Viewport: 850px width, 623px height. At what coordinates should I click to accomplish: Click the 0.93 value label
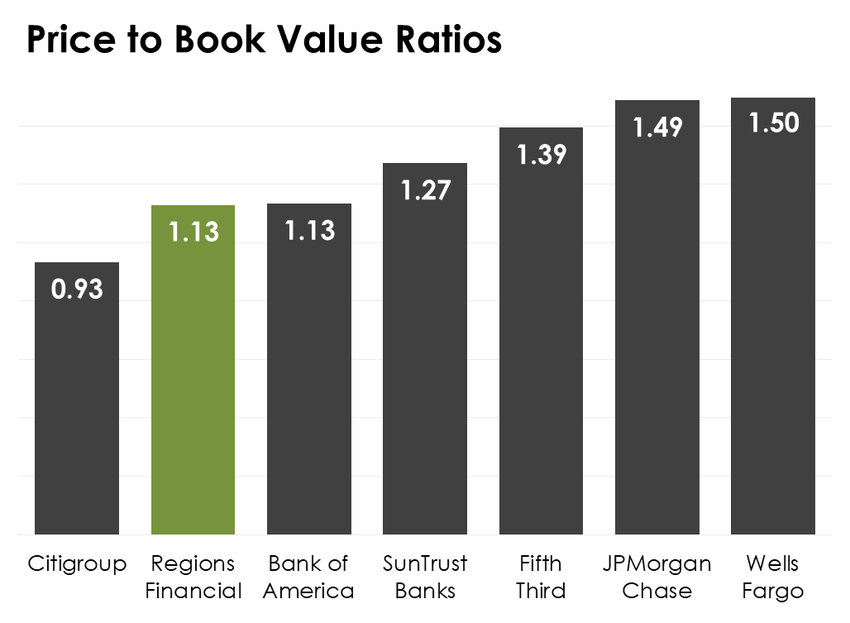pos(77,290)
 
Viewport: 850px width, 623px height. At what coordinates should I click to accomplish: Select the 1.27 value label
pos(425,190)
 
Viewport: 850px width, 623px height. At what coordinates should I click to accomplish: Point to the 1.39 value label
pos(542,155)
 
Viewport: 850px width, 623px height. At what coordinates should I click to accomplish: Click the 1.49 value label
pos(657,127)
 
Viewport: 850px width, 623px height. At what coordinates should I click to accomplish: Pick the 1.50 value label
pos(773,123)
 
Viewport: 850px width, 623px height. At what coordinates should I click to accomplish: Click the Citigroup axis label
pos(77,565)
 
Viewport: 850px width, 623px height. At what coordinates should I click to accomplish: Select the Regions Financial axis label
pos(193,577)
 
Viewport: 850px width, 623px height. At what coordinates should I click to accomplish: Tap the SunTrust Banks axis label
pos(425,577)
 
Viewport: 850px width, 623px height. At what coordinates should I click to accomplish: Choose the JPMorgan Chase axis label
pos(657,577)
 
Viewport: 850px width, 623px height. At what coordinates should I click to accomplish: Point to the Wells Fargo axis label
pos(773,577)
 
